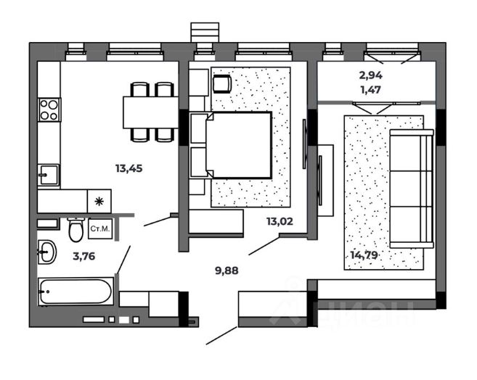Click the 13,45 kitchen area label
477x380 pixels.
pos(129,168)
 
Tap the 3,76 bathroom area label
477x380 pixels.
pos(84,257)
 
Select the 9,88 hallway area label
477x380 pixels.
pos(227,270)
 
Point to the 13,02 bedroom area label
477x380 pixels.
pos(280,221)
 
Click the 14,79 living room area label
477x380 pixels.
pos(364,255)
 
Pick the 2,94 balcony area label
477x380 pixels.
pos(371,75)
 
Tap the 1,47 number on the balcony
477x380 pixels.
pos(371,90)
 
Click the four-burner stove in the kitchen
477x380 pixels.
pos(49,110)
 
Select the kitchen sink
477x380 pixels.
pos(49,175)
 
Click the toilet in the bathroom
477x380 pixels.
pos(76,229)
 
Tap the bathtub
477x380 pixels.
pos(76,292)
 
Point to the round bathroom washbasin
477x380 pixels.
pos(47,252)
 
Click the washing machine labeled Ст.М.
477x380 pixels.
pos(100,228)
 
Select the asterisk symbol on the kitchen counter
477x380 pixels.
pos(99,202)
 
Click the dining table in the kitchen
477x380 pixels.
pos(150,112)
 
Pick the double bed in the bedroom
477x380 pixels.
pos(231,145)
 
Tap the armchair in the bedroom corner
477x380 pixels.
pos(222,84)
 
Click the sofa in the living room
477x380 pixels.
pos(412,189)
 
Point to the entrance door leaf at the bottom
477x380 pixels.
pos(221,335)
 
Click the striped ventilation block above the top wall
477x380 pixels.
pos(205,32)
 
